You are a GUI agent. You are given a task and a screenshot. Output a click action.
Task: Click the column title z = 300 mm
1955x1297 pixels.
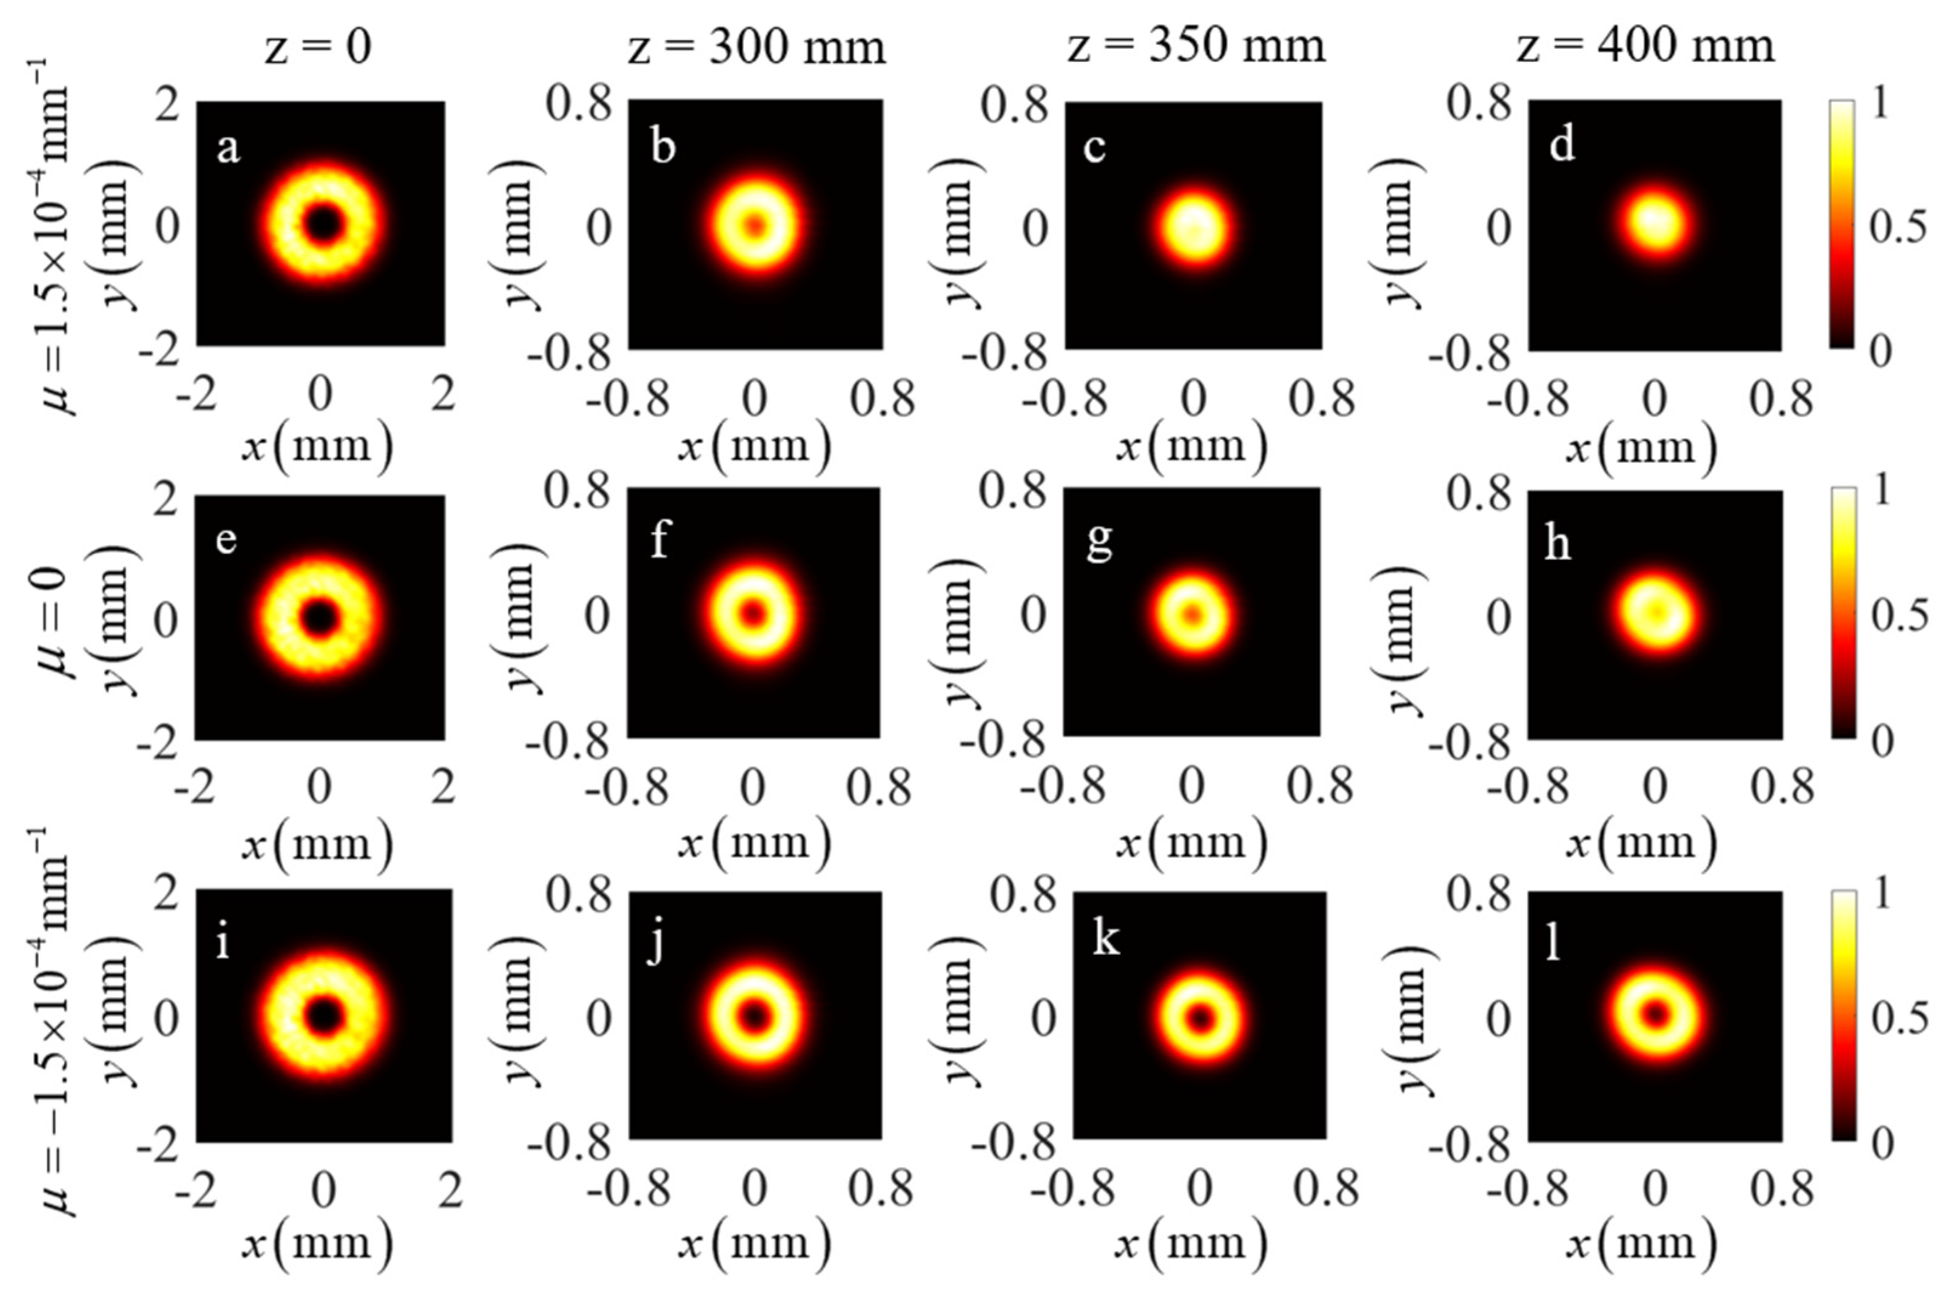click(756, 46)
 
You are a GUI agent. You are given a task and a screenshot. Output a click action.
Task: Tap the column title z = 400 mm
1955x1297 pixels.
click(1645, 46)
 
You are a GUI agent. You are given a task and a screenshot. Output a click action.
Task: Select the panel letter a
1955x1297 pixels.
click(228, 149)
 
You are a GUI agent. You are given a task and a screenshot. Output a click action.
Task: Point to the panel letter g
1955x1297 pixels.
click(1099, 542)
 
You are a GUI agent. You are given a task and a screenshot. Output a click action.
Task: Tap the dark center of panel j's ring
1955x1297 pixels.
click(754, 1017)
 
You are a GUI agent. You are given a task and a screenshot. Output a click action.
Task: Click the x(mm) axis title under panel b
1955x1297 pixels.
click(754, 446)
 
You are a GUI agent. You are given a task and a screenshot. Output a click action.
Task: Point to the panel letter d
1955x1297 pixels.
click(1561, 146)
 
